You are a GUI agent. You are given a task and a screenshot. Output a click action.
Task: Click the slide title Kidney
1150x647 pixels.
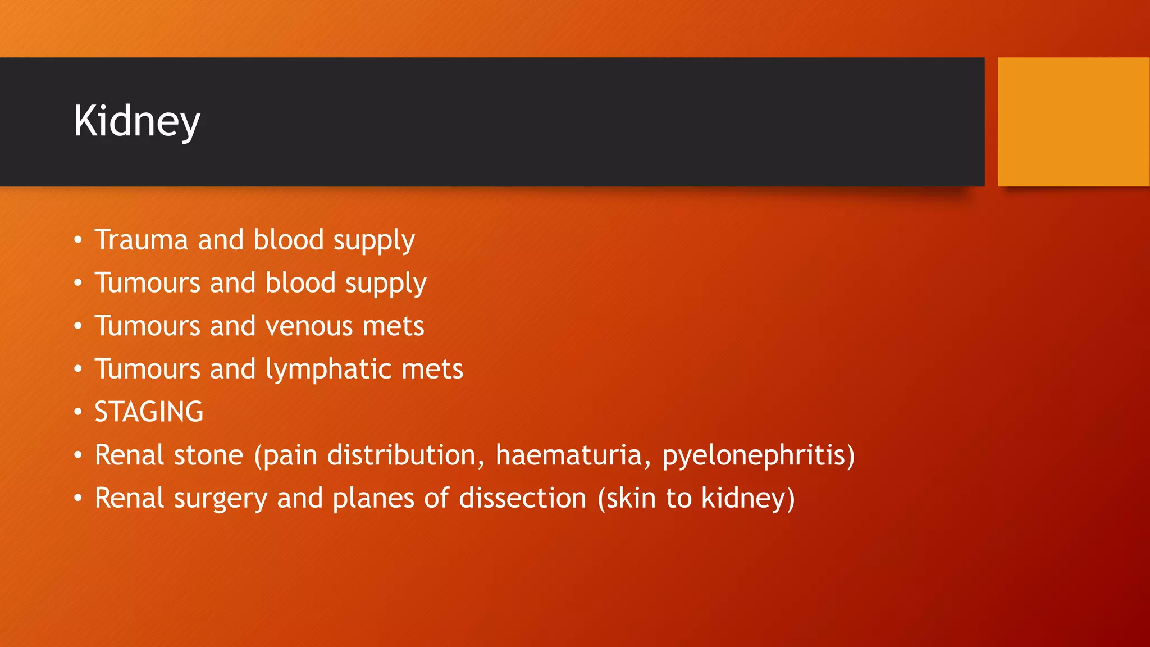136,121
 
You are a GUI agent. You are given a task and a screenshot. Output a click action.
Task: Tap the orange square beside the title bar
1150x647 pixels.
1073,121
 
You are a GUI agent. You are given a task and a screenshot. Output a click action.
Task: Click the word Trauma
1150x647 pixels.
141,240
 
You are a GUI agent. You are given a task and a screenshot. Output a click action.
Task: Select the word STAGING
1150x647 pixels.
149,412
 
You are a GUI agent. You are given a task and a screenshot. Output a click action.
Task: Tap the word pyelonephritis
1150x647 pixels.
758,455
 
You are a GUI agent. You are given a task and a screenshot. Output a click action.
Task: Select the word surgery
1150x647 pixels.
220,498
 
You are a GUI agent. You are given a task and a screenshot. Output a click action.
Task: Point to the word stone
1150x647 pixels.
208,455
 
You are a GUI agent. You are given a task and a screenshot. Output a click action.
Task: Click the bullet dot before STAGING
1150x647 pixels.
78,412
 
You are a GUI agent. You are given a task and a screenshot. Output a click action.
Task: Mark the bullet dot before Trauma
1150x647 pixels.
78,240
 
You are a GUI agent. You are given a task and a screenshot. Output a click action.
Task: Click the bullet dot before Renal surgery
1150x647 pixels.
78,498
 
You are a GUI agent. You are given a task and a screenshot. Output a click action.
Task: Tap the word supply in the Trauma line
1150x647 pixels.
374,240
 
